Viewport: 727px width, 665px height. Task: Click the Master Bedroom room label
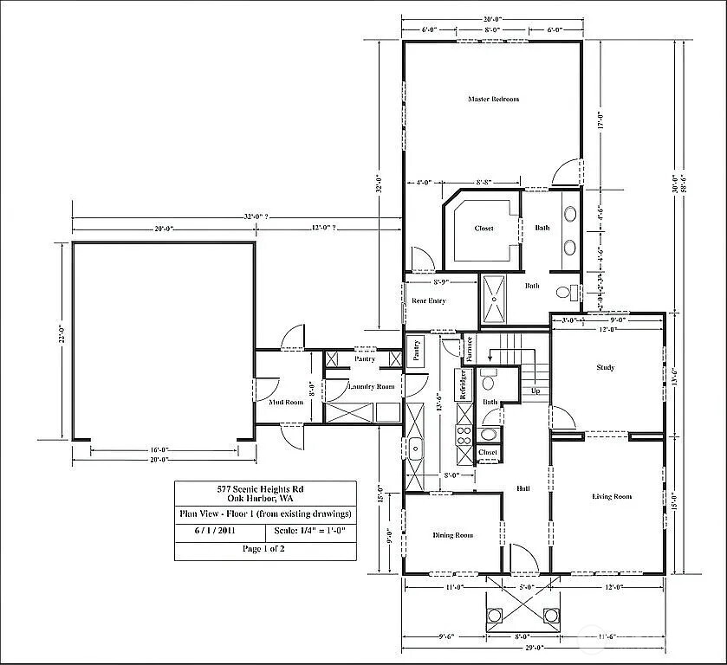493,100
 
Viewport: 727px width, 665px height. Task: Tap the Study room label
606,367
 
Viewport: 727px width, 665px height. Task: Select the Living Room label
612,497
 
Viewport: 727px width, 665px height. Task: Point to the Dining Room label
452,535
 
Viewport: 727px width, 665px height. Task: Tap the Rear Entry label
430,301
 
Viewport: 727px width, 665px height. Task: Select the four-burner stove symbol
464,436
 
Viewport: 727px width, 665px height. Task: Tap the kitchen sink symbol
415,449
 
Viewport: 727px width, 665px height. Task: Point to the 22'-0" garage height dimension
61,340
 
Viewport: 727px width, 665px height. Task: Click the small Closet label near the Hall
487,453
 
